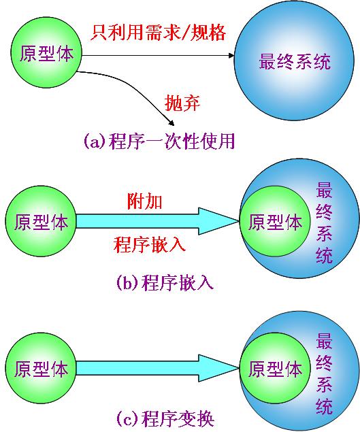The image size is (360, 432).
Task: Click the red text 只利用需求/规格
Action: click(x=159, y=33)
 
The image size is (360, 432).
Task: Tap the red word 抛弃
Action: click(x=182, y=103)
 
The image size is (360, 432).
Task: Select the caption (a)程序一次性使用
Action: click(x=159, y=142)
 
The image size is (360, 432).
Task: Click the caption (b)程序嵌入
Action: click(x=165, y=282)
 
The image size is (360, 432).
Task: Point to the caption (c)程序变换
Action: click(x=165, y=419)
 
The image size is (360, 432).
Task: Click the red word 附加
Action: click(x=144, y=201)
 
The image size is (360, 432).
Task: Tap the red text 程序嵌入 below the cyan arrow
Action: click(x=150, y=244)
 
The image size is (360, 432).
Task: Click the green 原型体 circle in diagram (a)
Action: click(x=46, y=52)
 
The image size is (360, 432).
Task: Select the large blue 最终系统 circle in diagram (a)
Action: click(x=294, y=61)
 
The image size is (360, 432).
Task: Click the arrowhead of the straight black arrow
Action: click(x=231, y=56)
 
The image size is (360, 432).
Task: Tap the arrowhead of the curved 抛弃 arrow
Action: click(x=171, y=122)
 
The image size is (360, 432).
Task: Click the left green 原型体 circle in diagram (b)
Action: click(x=41, y=221)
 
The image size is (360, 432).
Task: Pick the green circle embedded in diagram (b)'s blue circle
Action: click(x=275, y=221)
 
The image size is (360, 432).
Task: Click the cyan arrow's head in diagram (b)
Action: click(x=218, y=221)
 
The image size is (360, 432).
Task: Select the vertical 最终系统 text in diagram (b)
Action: click(x=324, y=222)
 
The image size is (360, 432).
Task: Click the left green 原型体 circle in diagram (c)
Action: click(x=41, y=368)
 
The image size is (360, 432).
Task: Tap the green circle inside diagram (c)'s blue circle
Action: click(x=275, y=368)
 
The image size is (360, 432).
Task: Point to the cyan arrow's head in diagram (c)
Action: click(x=218, y=368)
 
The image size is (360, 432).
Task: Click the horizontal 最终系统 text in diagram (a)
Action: click(x=295, y=61)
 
